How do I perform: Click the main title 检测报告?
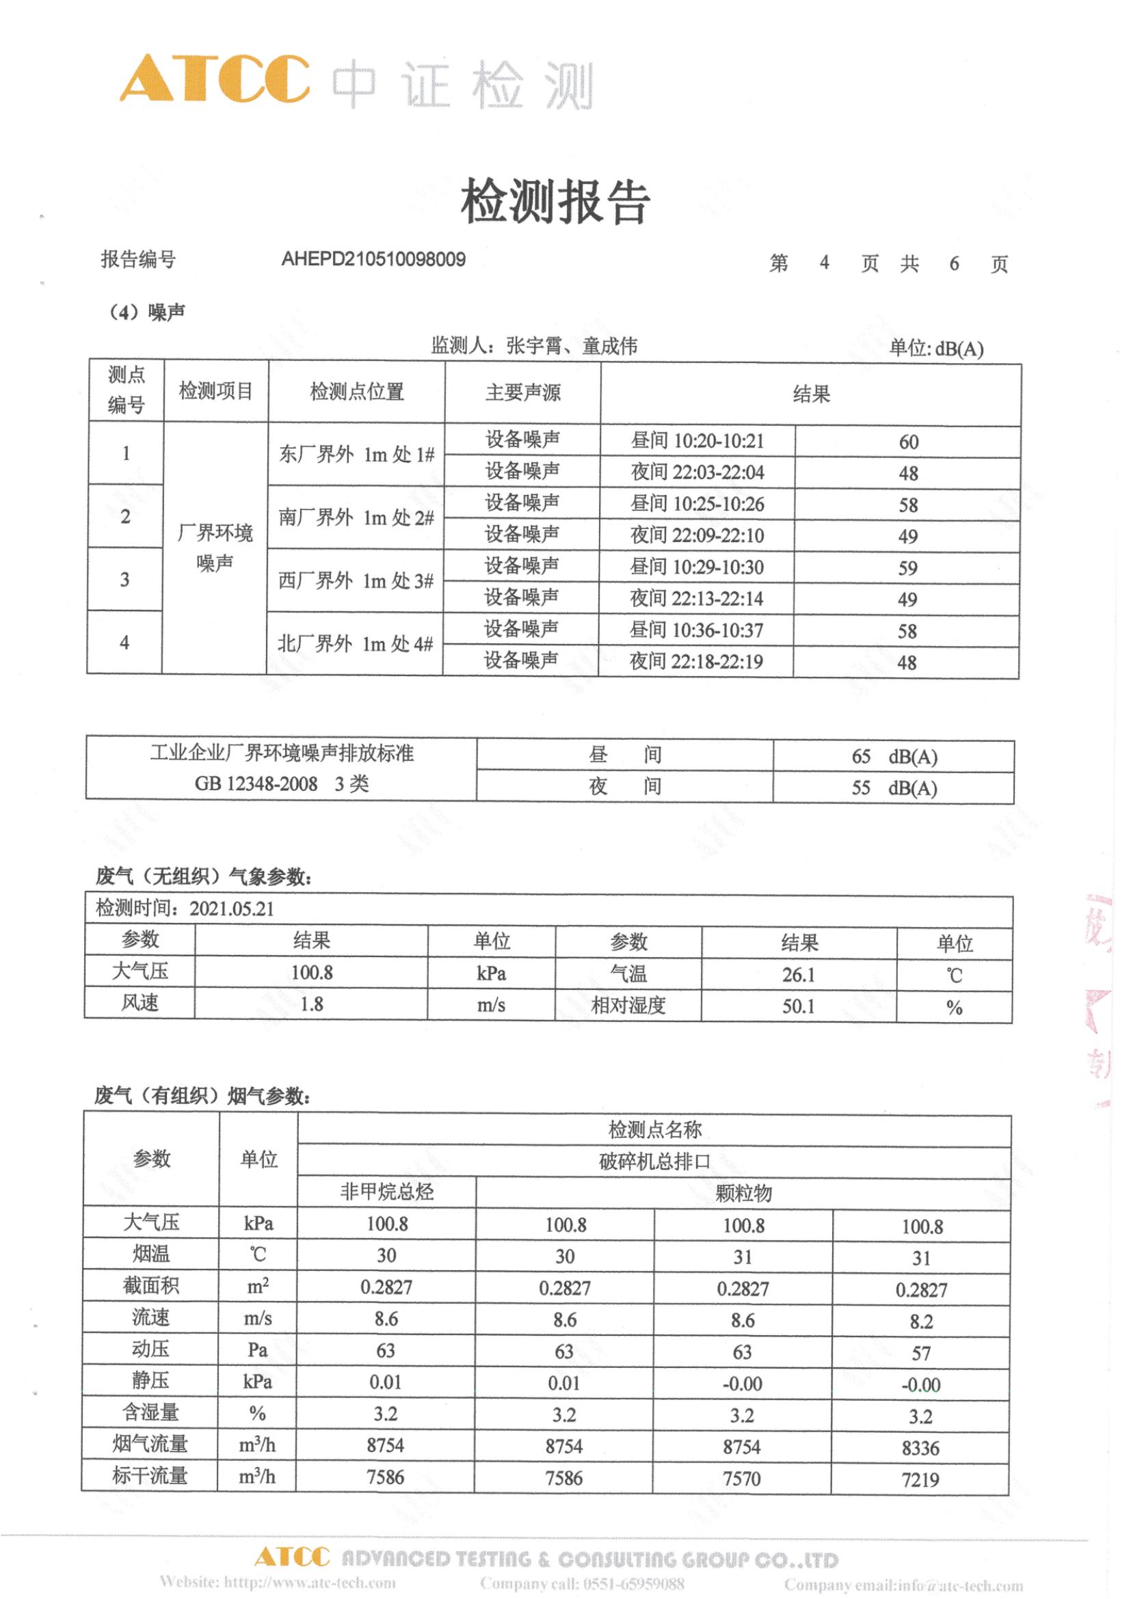(x=555, y=202)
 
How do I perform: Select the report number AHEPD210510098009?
(x=373, y=260)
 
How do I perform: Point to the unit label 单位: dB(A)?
(x=936, y=348)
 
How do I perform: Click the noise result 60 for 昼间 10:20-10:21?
(x=908, y=442)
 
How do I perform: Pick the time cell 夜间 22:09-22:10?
(x=697, y=535)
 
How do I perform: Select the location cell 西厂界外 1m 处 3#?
(x=356, y=581)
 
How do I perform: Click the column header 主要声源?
(x=522, y=393)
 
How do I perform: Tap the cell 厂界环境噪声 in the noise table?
(x=215, y=548)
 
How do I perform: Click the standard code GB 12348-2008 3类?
(x=281, y=785)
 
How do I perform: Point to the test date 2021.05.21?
(x=232, y=909)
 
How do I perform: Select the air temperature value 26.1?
(x=798, y=974)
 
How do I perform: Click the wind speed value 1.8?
(x=311, y=1004)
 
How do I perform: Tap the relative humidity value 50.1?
(x=798, y=1006)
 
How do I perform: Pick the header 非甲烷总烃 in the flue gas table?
(x=386, y=1192)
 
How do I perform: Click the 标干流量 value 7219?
(x=920, y=1480)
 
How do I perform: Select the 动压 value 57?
(x=920, y=1353)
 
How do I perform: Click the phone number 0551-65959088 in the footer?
(x=633, y=1583)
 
